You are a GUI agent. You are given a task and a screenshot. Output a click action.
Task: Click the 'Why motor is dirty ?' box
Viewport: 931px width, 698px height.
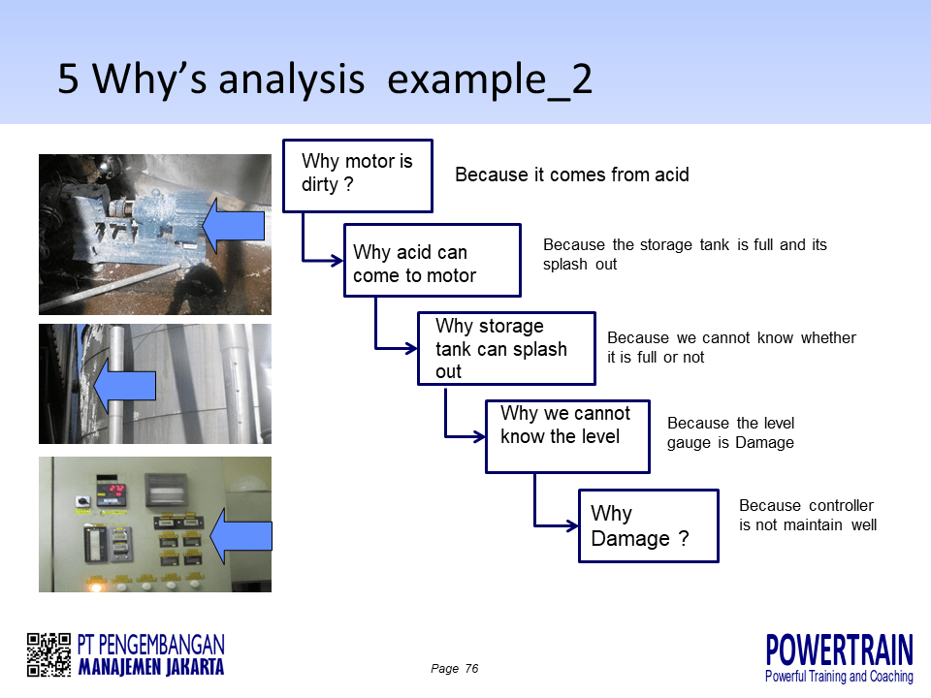(357, 175)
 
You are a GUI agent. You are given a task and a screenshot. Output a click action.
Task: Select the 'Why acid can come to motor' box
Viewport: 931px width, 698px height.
(433, 261)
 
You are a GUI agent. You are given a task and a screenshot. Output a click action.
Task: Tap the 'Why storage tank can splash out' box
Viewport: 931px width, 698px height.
(506, 348)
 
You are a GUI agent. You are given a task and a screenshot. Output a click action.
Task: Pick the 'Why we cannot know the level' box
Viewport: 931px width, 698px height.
(567, 436)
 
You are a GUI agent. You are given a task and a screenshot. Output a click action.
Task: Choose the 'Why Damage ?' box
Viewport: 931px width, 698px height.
(648, 525)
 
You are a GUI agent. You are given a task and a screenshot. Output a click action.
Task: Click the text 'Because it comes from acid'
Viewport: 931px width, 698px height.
(572, 175)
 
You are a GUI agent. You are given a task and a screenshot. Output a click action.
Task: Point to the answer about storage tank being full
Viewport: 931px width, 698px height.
(685, 254)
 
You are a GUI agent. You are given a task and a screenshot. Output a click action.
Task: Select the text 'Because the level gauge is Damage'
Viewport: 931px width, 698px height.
(730, 433)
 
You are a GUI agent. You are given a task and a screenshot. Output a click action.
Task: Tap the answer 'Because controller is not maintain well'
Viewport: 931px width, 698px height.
(808, 515)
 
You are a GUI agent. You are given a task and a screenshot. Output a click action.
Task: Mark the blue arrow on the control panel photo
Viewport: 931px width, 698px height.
(240, 536)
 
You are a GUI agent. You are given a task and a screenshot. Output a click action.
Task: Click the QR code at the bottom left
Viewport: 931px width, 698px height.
(48, 654)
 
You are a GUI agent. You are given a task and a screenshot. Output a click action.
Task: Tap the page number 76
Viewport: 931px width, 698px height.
(471, 669)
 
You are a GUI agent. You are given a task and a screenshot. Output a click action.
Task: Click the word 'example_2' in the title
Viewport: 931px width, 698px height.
(490, 79)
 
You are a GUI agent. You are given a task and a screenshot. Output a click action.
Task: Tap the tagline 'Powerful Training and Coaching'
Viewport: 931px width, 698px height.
(839, 676)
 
